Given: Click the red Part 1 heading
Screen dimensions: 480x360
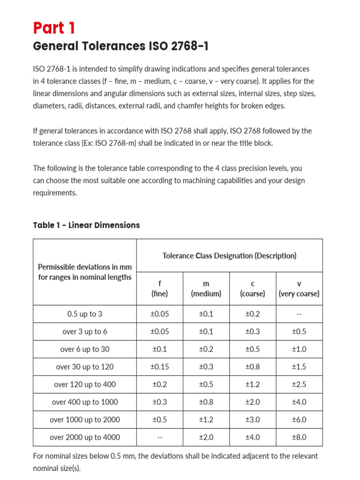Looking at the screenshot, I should point(54,28).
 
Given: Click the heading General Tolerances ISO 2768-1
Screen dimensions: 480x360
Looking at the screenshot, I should point(121,46).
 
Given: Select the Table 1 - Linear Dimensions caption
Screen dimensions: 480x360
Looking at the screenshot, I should point(86,225).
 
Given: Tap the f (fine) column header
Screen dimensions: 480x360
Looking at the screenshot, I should point(159,289).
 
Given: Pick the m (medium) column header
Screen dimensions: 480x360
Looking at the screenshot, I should point(206,289).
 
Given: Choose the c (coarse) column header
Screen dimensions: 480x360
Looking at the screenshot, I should point(252,289).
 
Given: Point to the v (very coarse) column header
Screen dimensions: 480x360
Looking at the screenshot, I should point(299,289).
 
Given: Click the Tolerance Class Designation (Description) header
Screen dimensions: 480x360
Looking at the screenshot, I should point(229,256).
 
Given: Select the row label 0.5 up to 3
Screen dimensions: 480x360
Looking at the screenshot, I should point(85,314).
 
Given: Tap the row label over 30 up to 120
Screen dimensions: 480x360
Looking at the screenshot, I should point(85,367).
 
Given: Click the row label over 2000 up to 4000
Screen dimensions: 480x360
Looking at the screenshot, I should point(85,437).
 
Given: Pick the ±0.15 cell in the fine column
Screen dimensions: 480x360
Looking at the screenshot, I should point(159,367).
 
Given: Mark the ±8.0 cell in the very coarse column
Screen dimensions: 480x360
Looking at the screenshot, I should point(299,437).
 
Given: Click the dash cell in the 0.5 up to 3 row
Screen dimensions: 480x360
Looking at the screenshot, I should point(299,314).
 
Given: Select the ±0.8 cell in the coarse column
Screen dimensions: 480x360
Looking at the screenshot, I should point(252,367).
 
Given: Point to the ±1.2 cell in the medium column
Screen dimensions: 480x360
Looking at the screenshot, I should point(206,420).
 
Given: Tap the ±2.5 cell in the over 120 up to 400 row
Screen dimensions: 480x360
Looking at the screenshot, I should point(299,384).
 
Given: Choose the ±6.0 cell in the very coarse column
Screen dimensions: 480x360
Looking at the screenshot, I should point(299,420).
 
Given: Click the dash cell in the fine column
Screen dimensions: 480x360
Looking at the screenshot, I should point(159,437).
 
